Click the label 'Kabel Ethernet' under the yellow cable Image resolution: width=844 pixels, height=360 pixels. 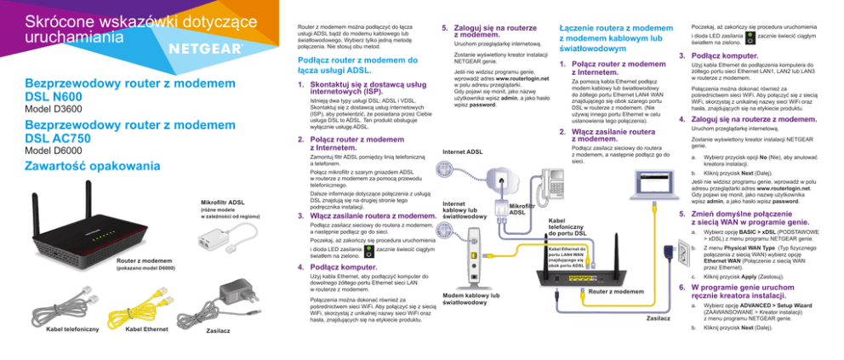pyautogui.click(x=145, y=329)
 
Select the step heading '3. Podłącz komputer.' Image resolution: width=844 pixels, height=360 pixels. pyautogui.click(x=723, y=57)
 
